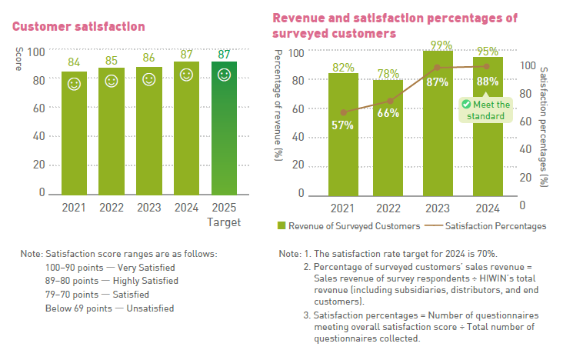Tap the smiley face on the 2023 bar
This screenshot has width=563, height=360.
tap(148, 79)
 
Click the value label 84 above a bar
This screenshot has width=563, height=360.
tap(74, 62)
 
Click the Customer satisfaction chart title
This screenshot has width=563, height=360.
tap(78, 26)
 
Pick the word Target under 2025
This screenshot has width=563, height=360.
tap(224, 222)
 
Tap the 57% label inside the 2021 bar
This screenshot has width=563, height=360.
tap(343, 125)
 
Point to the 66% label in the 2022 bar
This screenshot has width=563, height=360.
tap(388, 113)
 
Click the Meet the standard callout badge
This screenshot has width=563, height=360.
tap(485, 110)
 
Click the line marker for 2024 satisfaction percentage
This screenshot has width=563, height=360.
tap(485, 66)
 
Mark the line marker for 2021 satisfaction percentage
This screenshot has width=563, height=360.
tap(343, 112)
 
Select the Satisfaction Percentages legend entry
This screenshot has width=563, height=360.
tap(488, 226)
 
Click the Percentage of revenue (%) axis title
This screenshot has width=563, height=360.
tap(278, 103)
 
